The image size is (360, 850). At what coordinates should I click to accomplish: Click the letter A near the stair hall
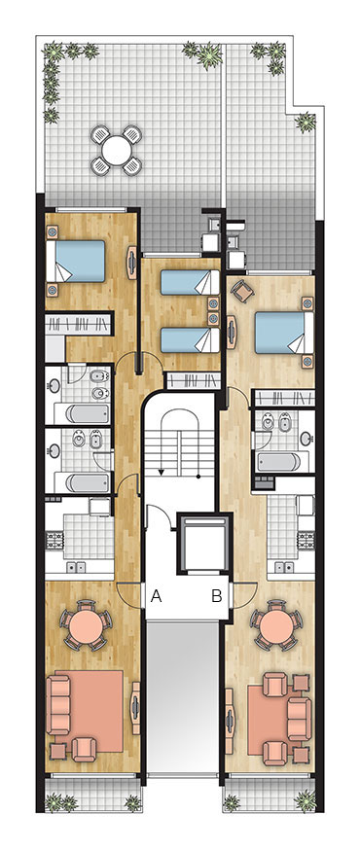156,596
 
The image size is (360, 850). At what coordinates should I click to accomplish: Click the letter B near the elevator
216,596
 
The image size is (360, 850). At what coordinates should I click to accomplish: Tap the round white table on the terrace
117,150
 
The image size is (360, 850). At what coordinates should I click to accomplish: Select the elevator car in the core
205,544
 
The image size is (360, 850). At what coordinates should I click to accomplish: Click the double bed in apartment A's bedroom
75,261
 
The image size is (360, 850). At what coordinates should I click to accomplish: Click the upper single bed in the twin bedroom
190,282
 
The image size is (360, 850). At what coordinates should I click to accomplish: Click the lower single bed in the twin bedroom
190,339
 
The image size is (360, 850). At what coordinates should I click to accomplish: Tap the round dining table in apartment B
277,625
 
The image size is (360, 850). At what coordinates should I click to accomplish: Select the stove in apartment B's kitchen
306,541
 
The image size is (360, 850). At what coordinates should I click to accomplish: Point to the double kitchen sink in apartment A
75,567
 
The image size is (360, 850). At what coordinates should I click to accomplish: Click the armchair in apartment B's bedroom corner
242,292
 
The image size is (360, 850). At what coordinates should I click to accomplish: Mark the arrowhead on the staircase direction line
161,473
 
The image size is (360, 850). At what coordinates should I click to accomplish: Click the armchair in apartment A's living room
84,749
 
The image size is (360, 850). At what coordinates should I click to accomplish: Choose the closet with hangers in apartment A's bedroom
78,324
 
